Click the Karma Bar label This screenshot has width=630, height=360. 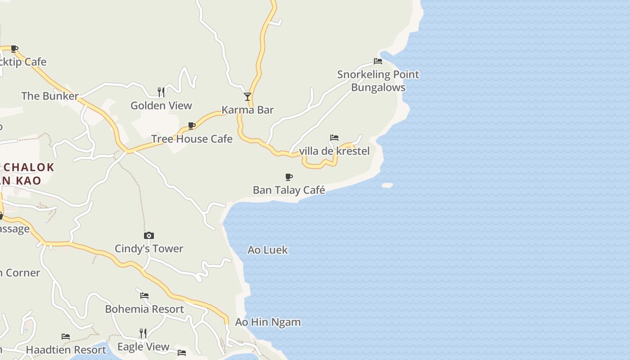(x=247, y=110)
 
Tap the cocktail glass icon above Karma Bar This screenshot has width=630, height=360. (x=247, y=96)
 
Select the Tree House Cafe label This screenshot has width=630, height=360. (x=192, y=139)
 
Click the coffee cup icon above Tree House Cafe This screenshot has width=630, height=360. (x=192, y=126)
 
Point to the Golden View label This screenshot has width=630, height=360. (x=161, y=106)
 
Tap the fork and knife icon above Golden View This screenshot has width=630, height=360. (x=161, y=92)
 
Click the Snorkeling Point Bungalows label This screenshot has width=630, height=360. (x=378, y=81)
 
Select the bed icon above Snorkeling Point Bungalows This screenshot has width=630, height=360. (x=378, y=61)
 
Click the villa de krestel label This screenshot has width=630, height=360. (x=334, y=151)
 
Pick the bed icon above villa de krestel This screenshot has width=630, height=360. (x=334, y=138)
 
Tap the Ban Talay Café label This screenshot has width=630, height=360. (x=289, y=190)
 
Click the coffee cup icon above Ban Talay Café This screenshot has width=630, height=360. (x=289, y=177)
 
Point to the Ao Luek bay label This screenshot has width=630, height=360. (x=268, y=250)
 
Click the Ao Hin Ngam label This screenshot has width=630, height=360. (x=268, y=322)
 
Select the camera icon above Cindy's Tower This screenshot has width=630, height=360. (x=149, y=235)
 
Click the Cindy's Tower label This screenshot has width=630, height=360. (x=149, y=248)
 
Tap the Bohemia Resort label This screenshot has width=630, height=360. (x=144, y=309)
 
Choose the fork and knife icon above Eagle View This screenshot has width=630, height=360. (x=143, y=333)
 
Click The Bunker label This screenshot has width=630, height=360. (x=50, y=96)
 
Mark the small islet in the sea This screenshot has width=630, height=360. (x=387, y=185)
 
